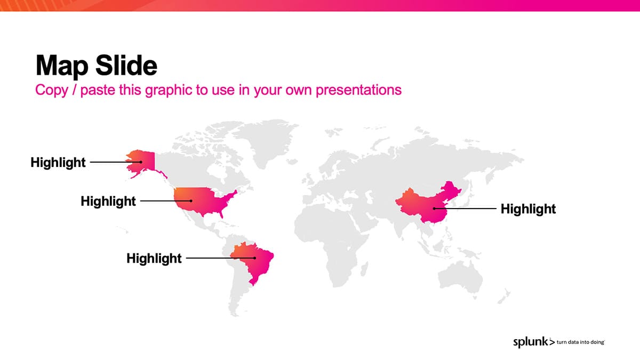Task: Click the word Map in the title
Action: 62,66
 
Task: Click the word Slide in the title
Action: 126,65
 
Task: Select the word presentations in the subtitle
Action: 358,90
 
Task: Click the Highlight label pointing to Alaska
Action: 58,162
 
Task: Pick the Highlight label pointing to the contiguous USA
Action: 108,201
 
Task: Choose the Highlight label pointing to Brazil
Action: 154,258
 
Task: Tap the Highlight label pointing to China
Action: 529,209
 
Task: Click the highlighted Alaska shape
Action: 143,162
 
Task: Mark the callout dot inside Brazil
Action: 254,258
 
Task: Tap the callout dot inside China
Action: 434,209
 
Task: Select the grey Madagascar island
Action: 364,270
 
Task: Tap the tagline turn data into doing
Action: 580,342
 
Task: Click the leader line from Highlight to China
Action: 465,209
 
